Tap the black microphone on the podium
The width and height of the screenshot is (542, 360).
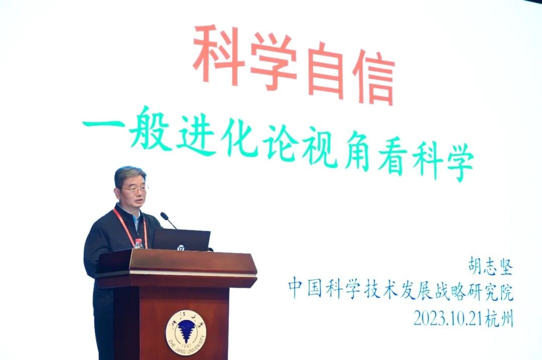pos(168,220)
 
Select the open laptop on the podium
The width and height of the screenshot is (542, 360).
pos(181,240)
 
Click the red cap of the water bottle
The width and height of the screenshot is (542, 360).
pos(139,241)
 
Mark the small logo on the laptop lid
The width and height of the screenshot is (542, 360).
pos(181,247)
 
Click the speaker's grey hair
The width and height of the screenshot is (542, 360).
pos(129,174)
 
